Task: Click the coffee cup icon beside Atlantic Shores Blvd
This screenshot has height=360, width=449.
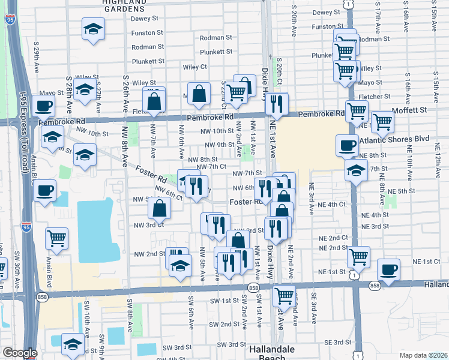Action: coord(347,146)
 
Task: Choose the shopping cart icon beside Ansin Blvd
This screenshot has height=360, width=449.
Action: coord(56,237)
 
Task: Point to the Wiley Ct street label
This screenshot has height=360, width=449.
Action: coord(194,67)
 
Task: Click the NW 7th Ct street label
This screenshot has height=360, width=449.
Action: coord(210,166)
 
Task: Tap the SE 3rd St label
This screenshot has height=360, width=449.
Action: coord(337,343)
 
